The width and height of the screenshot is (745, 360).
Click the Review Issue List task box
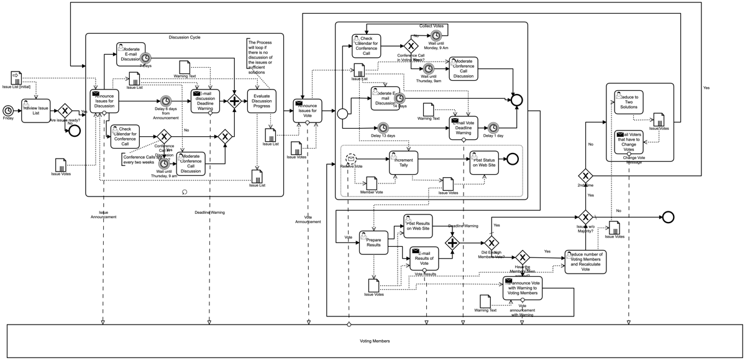[35, 111]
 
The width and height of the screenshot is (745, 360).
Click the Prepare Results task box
[373, 243]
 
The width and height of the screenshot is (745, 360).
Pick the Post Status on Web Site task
[483, 163]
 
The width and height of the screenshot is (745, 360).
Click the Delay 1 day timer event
[493, 127]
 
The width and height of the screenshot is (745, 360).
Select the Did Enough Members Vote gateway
[491, 242]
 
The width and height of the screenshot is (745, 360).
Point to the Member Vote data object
[372, 183]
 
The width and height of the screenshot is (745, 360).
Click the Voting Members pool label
[375, 341]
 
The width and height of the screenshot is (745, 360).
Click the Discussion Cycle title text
[185, 37]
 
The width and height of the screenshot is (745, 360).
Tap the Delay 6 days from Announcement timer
[166, 101]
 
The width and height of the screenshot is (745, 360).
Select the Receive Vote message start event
[351, 159]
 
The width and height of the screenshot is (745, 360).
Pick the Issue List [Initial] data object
[16, 78]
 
